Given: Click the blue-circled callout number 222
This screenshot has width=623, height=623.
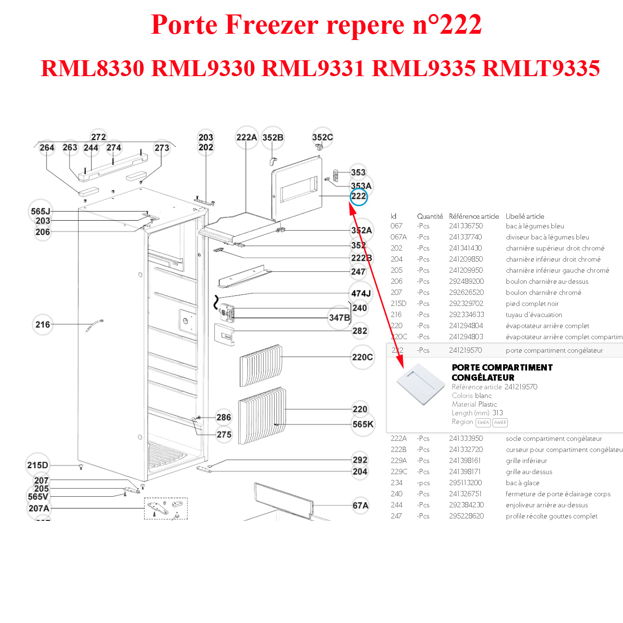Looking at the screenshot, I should (358, 197).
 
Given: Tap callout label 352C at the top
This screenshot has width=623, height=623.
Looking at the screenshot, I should (322, 137).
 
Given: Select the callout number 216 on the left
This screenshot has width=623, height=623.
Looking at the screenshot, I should (43, 325).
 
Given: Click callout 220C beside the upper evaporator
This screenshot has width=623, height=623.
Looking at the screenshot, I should (362, 357).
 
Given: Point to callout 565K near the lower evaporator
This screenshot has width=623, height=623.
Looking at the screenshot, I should (363, 424).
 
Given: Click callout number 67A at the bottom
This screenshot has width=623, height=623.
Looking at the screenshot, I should (360, 505).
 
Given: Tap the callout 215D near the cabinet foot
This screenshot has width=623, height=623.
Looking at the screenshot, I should (38, 465).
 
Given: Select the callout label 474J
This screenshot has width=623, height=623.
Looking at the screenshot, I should (361, 293).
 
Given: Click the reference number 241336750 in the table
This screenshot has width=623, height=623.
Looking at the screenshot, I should (465, 226).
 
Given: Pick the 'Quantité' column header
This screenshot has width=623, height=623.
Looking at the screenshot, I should (430, 216).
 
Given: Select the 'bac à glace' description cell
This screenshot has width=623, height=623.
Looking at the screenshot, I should (522, 483).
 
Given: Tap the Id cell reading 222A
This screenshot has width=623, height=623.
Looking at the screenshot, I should (398, 438).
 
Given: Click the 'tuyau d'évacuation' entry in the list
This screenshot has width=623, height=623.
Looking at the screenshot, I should (534, 315).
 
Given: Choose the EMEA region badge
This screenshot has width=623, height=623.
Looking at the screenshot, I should (483, 423).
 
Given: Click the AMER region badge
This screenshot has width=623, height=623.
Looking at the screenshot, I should (500, 423).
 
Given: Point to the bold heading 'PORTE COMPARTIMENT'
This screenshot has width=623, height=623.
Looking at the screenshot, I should (502, 368).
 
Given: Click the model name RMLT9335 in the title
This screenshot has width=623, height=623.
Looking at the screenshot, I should (541, 68).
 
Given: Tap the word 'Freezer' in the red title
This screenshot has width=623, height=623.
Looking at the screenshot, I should (272, 25).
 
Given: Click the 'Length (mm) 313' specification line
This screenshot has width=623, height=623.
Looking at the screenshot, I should (477, 413).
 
